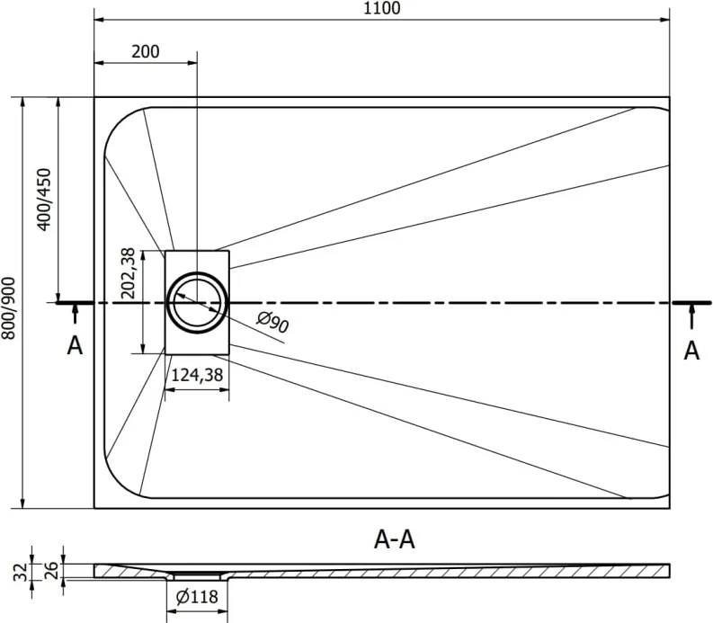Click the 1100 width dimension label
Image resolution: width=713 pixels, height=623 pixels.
381,8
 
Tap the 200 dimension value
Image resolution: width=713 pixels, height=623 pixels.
146,52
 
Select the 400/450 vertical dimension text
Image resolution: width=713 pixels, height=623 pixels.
45,200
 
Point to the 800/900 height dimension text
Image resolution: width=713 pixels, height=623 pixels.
9,308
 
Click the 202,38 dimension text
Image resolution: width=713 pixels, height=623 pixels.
129,273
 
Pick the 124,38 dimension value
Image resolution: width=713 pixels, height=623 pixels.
197,375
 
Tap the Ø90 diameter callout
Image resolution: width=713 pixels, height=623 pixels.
272,322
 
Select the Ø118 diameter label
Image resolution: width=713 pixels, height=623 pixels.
197,597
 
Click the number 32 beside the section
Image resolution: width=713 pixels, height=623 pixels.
20,572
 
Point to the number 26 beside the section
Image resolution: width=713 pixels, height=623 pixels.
52,570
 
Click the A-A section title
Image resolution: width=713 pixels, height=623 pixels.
394,540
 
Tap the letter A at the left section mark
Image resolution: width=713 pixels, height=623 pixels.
75,345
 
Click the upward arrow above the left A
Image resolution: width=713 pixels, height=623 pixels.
75,314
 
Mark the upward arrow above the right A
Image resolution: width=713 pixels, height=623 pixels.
691,316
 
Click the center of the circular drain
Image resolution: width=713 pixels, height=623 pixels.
197,302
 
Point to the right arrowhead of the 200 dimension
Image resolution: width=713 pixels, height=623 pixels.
192,63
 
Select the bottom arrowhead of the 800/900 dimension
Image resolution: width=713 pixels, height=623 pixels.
22,503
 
